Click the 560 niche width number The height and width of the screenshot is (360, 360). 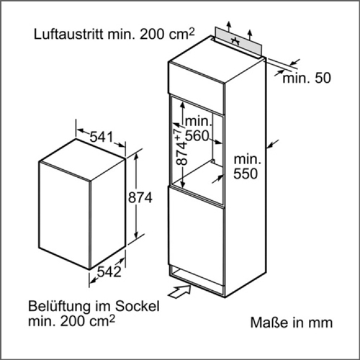coord(198,135)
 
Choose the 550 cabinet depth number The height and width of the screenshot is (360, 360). coord(246,174)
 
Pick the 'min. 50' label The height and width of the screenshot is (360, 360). coord(307,78)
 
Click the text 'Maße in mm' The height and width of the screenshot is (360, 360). coord(291,322)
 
